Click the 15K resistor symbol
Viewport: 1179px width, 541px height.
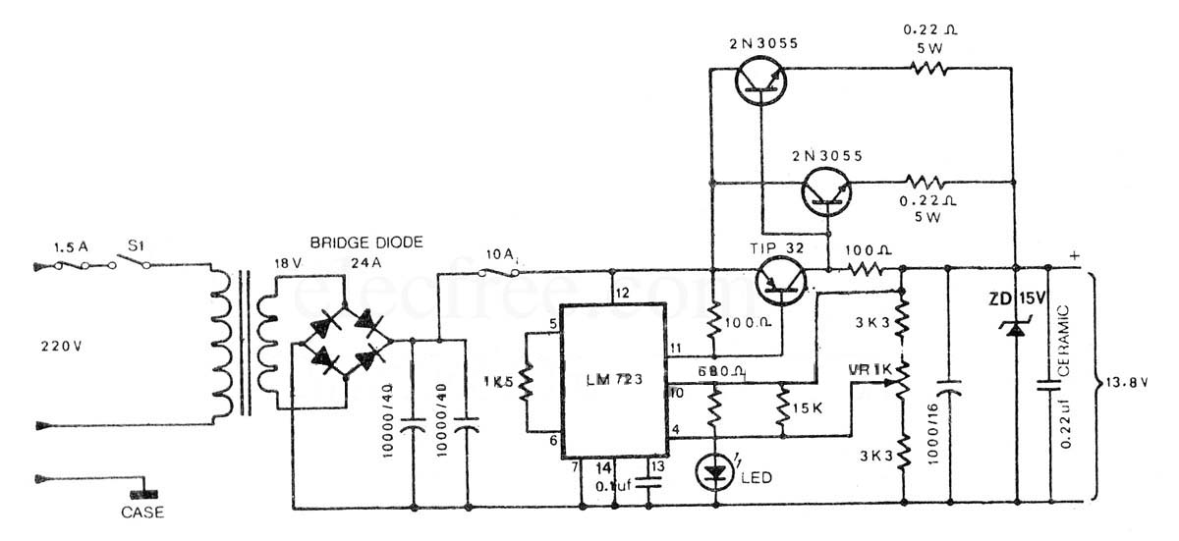(x=782, y=405)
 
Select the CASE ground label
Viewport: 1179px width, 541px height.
(x=142, y=512)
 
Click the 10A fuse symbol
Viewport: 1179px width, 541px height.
(x=501, y=274)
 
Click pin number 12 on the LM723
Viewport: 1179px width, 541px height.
(x=621, y=293)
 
